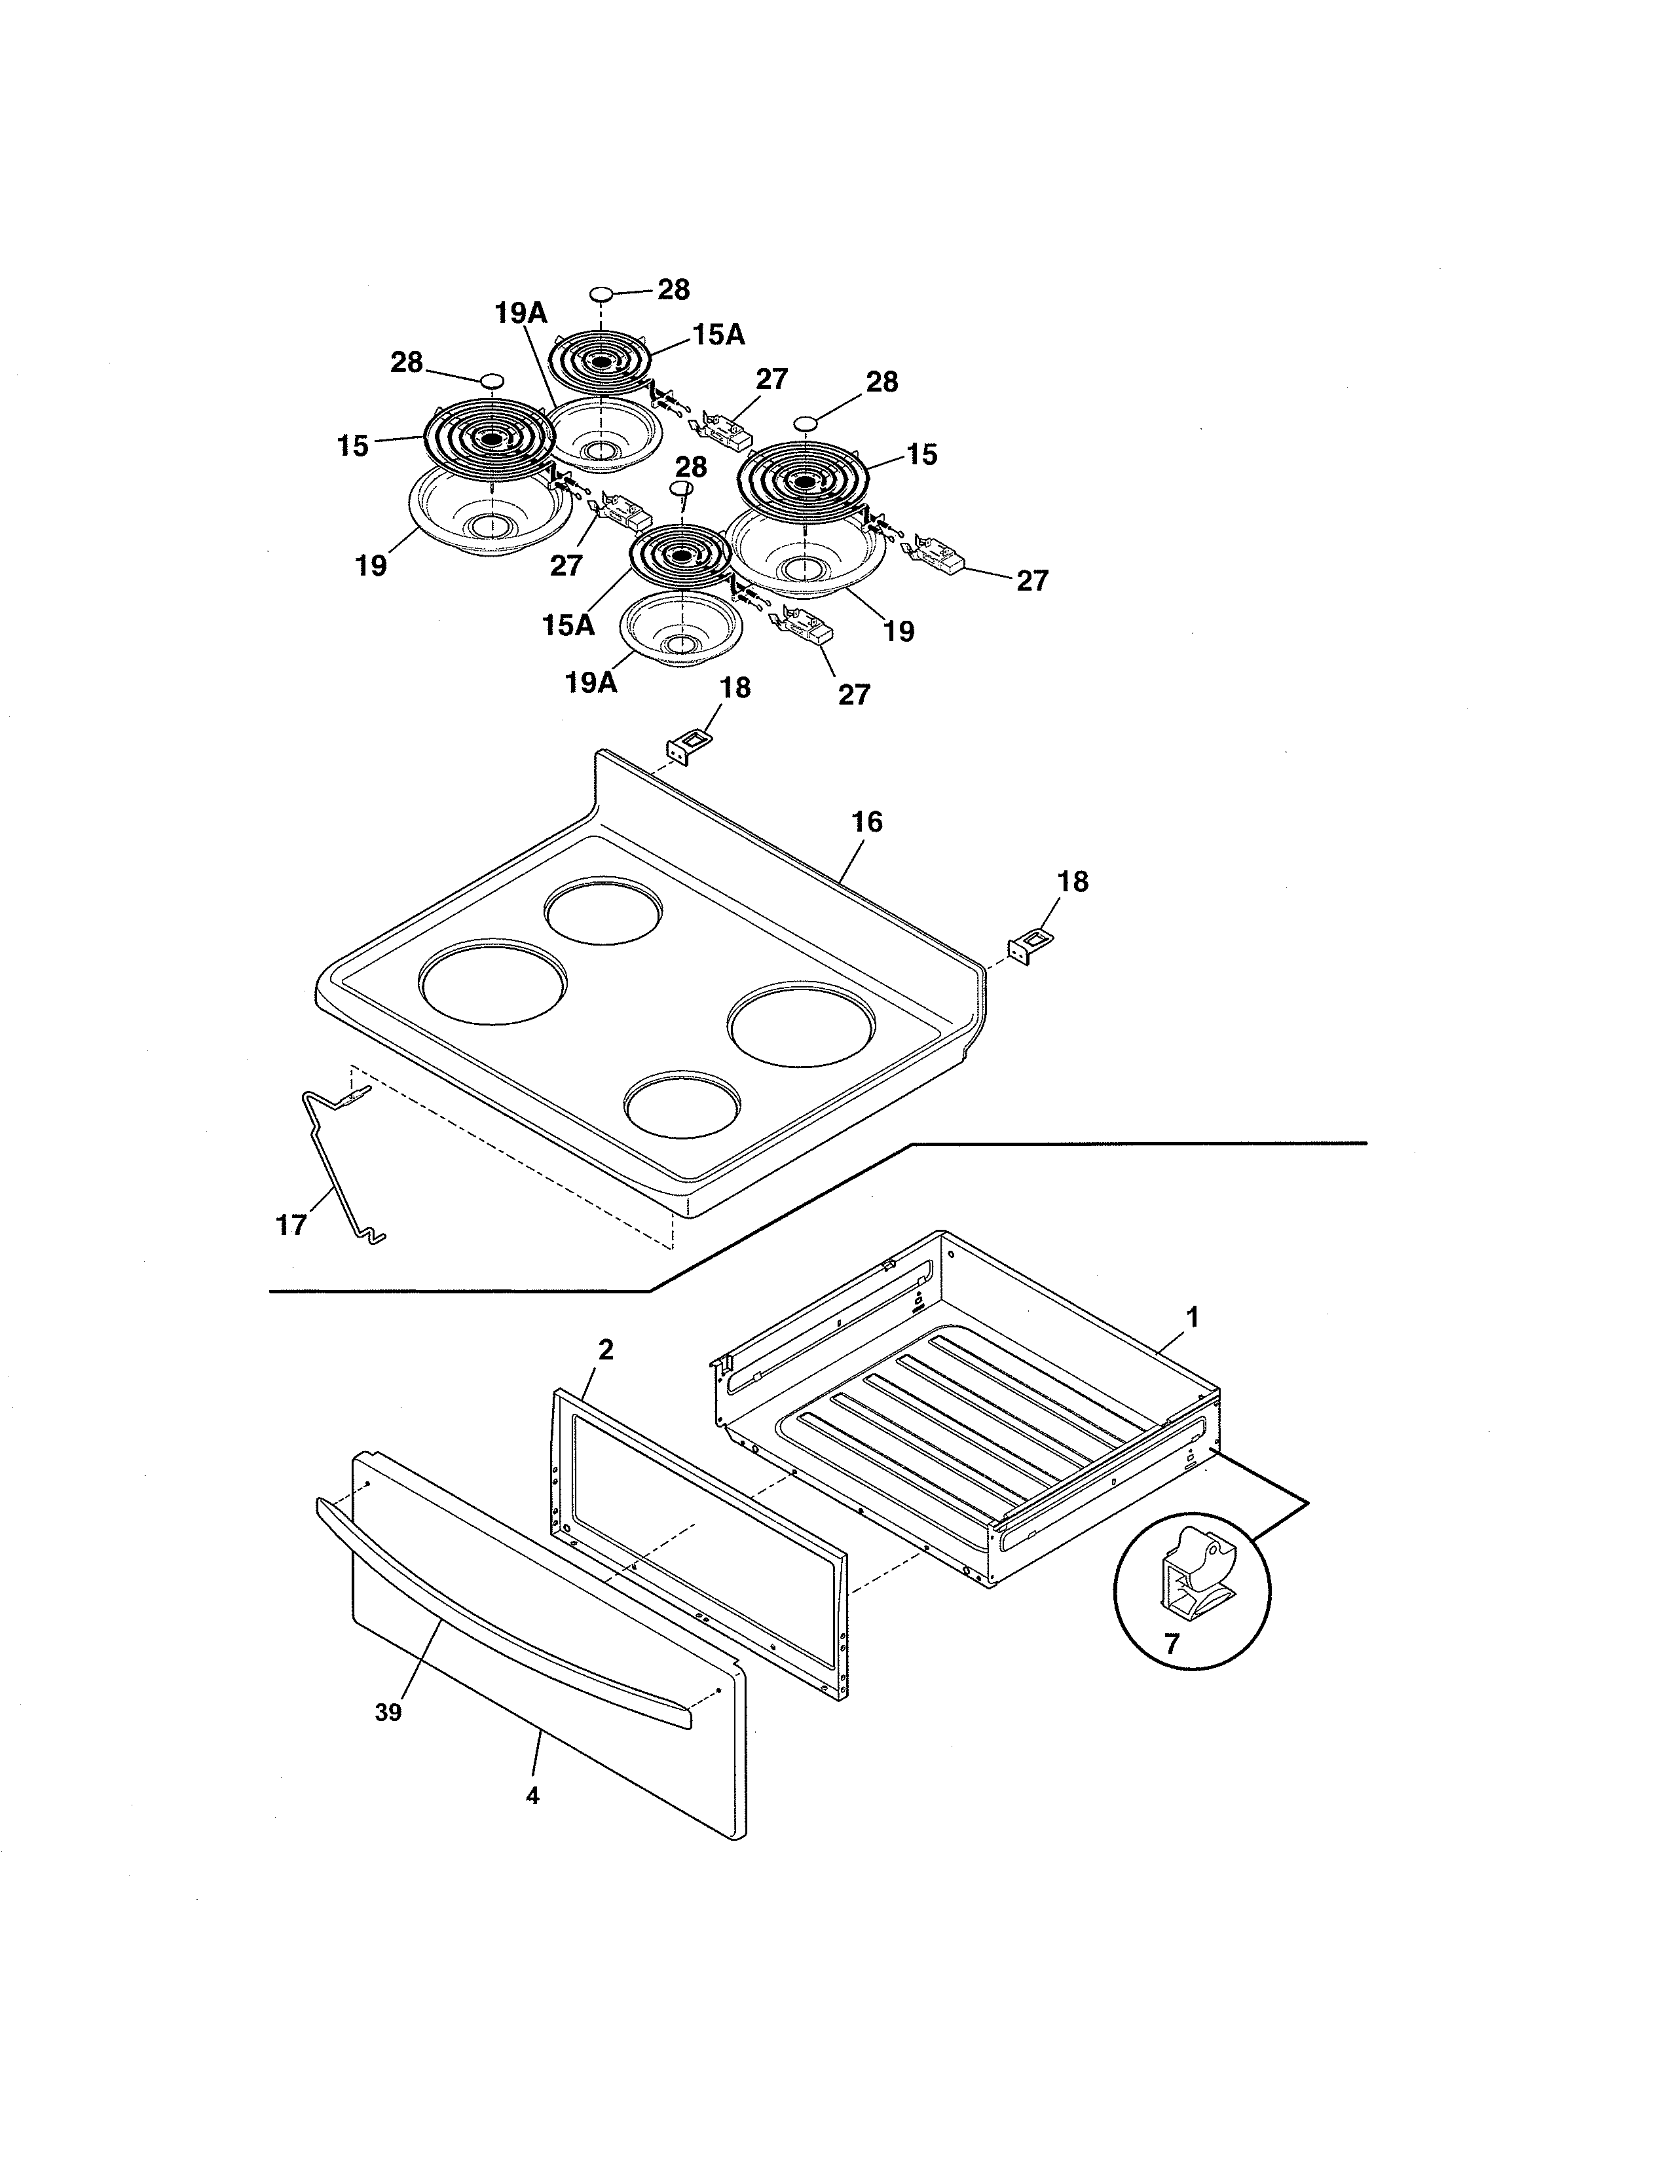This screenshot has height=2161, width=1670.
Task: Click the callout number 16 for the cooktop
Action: pyautogui.click(x=866, y=822)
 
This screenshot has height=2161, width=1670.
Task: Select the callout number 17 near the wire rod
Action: pyautogui.click(x=291, y=1226)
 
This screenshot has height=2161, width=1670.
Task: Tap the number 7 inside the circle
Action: pyautogui.click(x=1172, y=1644)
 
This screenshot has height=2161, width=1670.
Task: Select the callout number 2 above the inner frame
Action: pyautogui.click(x=606, y=1350)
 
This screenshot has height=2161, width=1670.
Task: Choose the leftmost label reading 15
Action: pyautogui.click(x=352, y=446)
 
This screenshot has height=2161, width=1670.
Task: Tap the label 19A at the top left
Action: pyautogui.click(x=521, y=314)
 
